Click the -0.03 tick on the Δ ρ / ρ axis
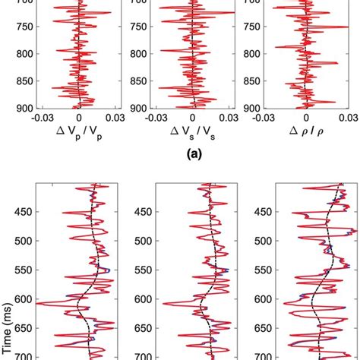pos(267,119)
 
